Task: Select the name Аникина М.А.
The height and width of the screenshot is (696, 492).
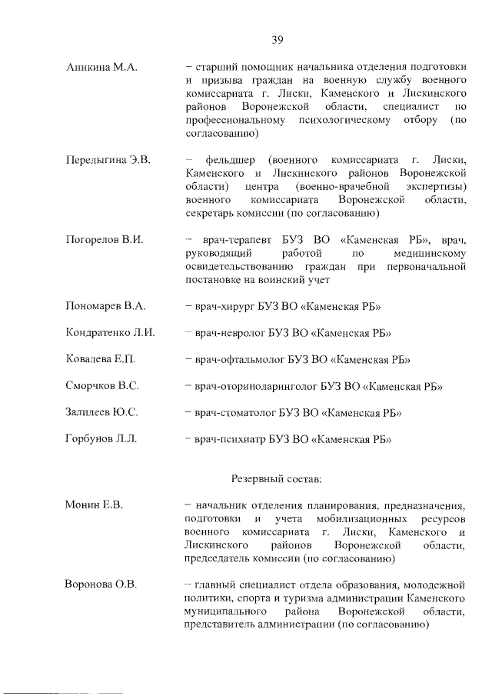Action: click(101, 68)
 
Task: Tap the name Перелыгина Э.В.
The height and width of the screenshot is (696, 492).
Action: click(108, 160)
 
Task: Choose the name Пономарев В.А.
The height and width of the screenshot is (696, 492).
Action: click(106, 307)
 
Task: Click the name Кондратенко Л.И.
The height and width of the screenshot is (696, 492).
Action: click(111, 333)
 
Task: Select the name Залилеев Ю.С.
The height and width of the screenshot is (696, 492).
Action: click(101, 412)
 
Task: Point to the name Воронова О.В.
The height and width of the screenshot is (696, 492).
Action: click(100, 585)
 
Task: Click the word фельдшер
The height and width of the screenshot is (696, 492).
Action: click(228, 160)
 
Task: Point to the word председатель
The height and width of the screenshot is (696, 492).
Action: click(218, 559)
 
